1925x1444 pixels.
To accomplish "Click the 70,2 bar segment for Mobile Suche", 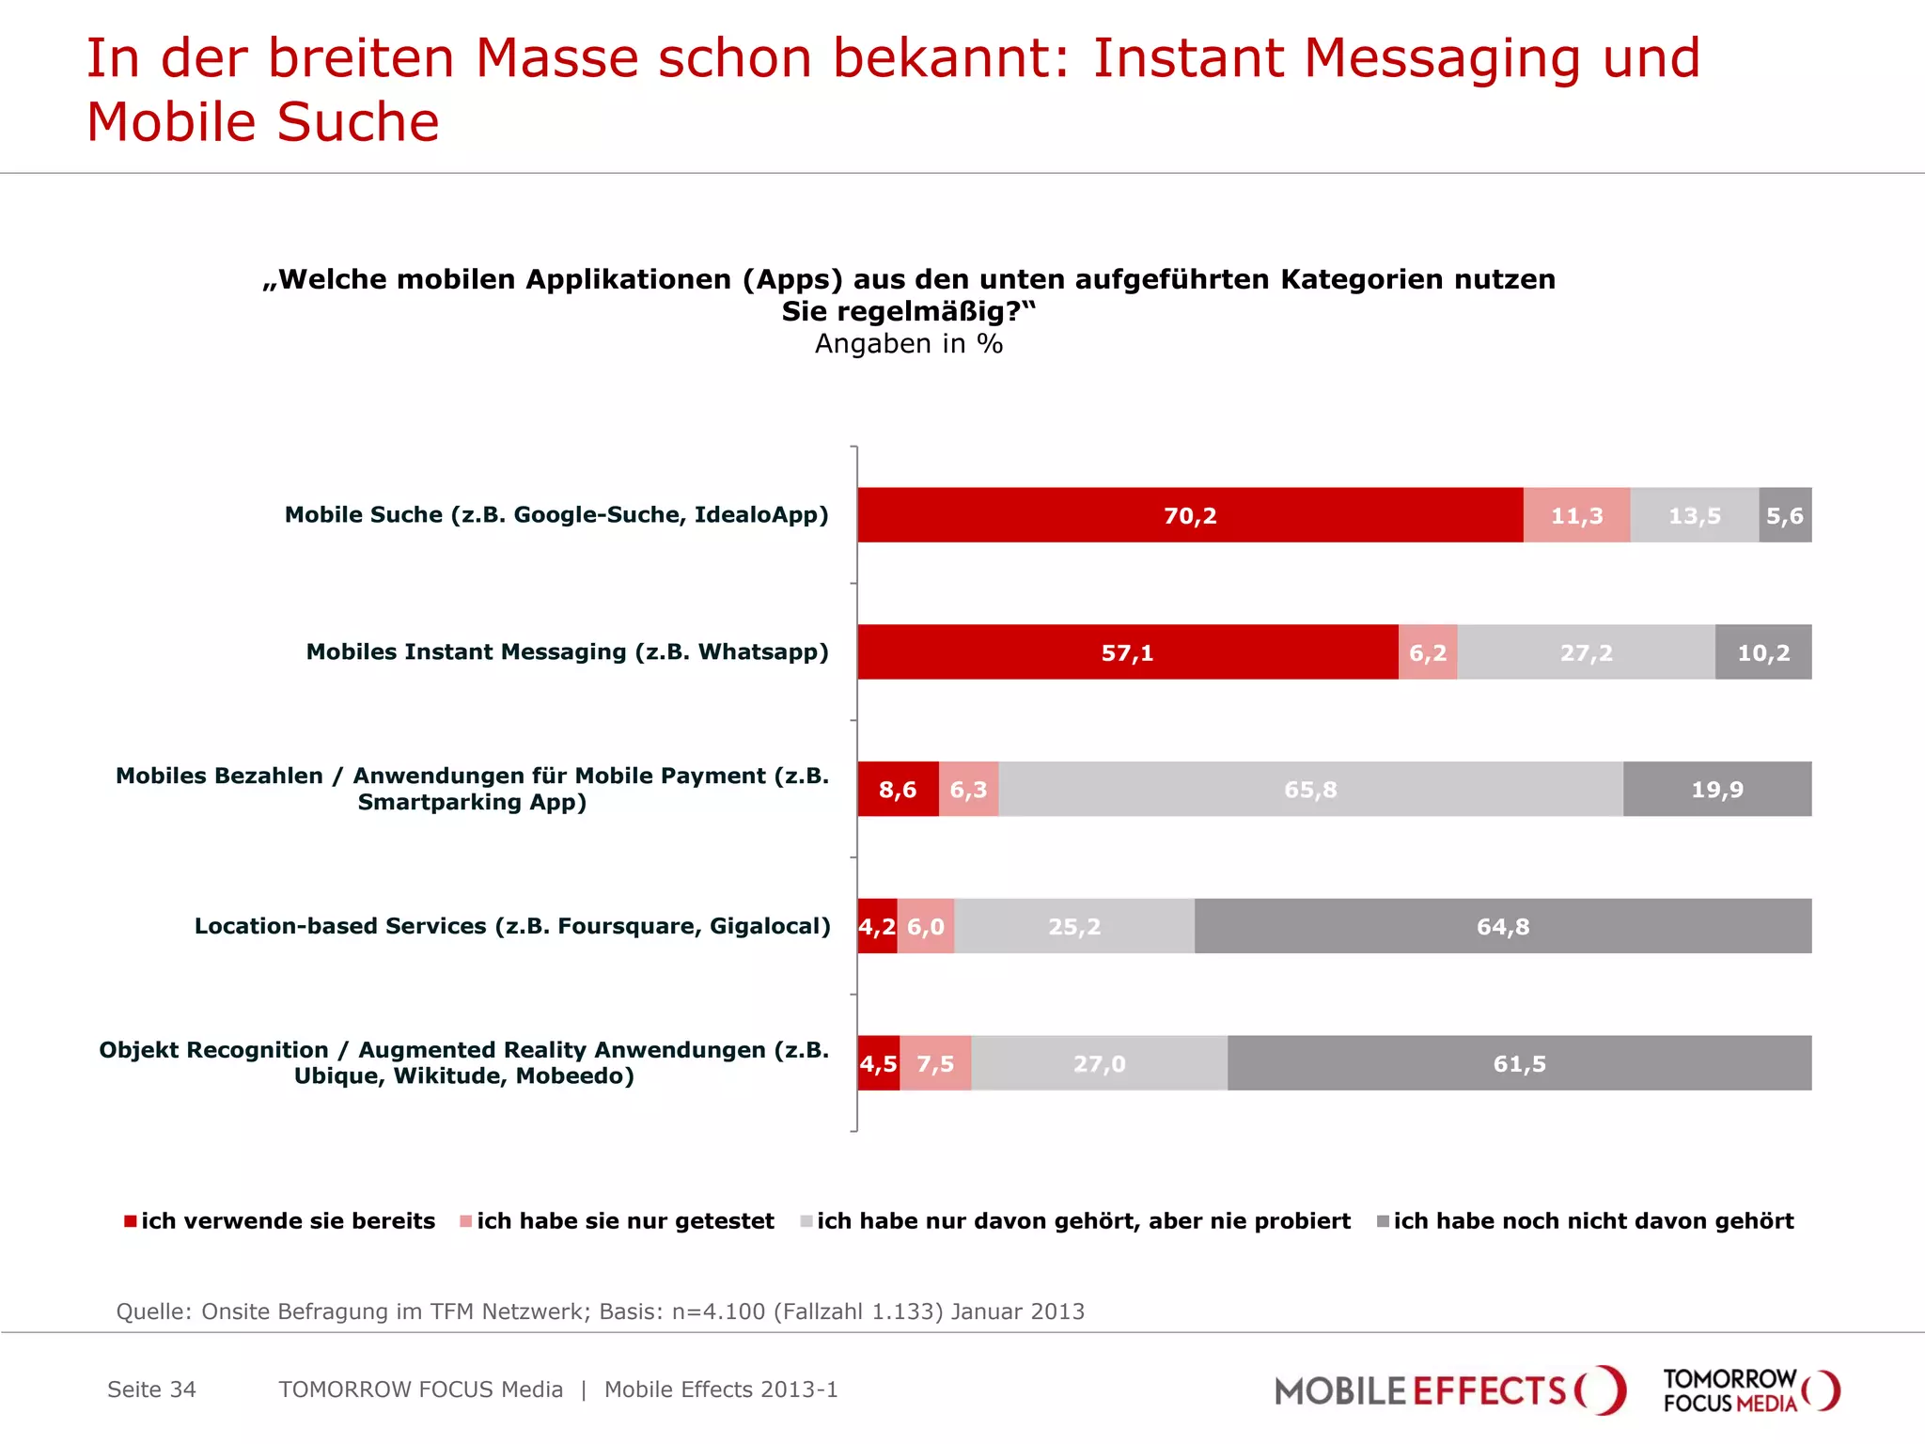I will pos(1190,515).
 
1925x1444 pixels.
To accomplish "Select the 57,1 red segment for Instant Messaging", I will pos(1127,652).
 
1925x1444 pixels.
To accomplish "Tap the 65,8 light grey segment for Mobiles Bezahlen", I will pos(1310,790).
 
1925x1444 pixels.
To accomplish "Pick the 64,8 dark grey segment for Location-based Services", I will pos(1502,927).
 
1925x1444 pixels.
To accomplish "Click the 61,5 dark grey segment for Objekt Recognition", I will pos(1519,1064).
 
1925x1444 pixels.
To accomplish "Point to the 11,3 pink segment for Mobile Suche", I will pos(1576,515).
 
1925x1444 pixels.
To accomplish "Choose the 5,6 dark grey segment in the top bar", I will pos(1784,515).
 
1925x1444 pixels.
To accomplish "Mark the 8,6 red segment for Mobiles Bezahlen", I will pos(897,790).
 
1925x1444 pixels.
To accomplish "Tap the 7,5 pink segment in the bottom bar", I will pos(935,1064).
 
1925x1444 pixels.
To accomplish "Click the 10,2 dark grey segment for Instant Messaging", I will pos(1762,652).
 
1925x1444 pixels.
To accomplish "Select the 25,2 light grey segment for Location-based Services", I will pos(1073,927).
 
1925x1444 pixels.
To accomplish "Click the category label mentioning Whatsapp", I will pos(567,652).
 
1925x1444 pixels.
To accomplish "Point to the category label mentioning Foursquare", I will pos(512,927).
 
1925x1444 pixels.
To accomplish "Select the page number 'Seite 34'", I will pos(151,1389).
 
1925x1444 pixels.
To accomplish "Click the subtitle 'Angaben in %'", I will pos(909,344).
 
